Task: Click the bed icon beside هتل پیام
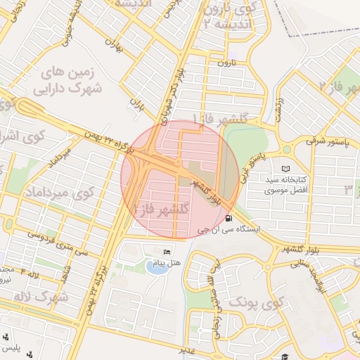point(167,252)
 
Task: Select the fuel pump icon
point(230,217)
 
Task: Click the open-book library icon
point(285,169)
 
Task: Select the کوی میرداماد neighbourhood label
point(60,192)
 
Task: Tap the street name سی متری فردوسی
point(54,232)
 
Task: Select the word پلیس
point(11,349)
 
